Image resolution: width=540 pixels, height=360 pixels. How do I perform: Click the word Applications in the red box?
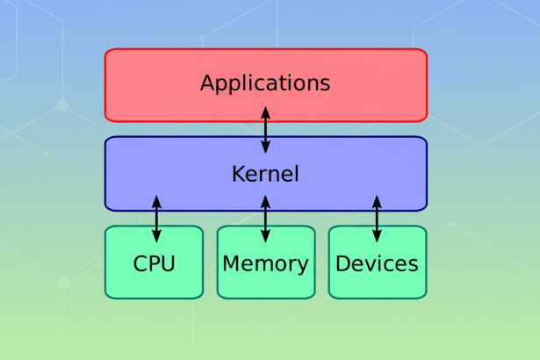click(265, 83)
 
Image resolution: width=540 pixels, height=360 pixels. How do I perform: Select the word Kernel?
click(265, 174)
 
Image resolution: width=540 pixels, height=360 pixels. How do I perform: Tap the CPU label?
click(155, 263)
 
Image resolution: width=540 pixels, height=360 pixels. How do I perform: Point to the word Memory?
click(265, 263)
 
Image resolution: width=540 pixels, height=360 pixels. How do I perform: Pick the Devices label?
click(377, 263)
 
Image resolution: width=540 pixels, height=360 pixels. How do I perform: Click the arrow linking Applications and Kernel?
click(265, 129)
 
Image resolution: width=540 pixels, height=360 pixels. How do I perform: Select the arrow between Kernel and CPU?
click(157, 219)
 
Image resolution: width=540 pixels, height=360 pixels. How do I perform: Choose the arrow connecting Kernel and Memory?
click(265, 219)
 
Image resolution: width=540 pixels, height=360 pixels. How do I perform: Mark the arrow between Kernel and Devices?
click(377, 219)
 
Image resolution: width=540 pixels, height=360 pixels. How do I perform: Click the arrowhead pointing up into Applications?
click(265, 109)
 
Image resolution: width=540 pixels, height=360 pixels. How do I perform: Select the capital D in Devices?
click(342, 263)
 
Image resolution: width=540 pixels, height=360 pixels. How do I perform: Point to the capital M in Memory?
click(231, 263)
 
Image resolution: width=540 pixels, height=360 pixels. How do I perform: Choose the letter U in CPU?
click(169, 263)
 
